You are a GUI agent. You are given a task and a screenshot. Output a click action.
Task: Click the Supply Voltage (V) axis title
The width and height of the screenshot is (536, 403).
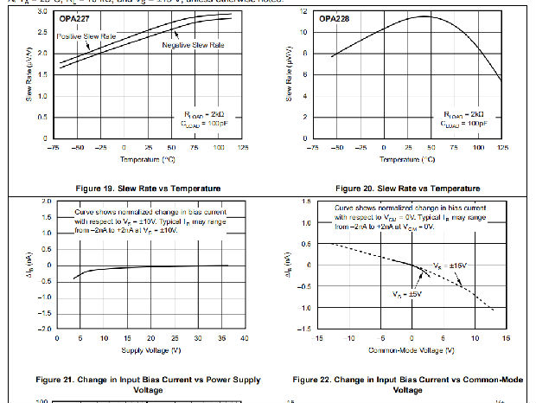[151, 349]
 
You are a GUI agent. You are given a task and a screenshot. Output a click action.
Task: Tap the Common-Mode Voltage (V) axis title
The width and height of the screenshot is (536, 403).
[407, 349]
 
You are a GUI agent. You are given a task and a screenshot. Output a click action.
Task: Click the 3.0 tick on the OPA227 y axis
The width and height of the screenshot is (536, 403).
[44, 11]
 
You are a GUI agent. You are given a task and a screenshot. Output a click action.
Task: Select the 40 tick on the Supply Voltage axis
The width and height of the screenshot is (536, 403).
[244, 339]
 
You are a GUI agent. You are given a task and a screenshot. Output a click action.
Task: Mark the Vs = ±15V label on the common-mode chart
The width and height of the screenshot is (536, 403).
[450, 265]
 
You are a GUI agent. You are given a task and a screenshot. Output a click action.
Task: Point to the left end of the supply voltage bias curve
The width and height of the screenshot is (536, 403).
[75, 278]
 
